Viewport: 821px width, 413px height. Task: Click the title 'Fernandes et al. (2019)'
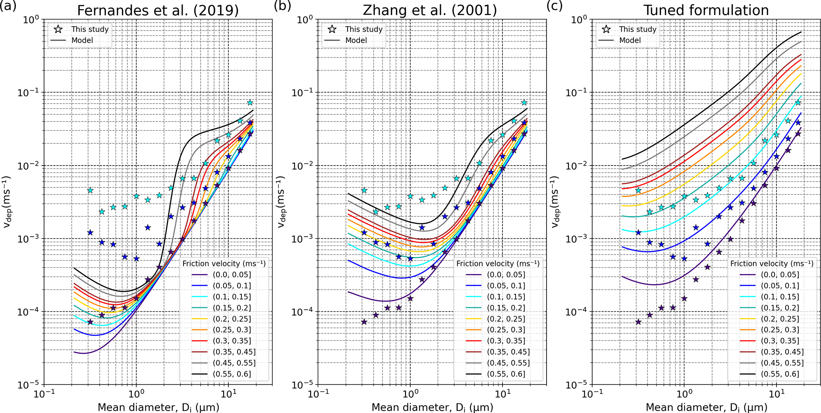click(x=158, y=10)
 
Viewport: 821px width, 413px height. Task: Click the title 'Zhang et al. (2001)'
click(x=430, y=10)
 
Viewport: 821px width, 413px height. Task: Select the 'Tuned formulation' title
click(x=706, y=10)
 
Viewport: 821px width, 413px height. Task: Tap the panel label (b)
click(x=282, y=6)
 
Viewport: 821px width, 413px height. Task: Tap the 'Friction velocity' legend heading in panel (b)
click(x=498, y=264)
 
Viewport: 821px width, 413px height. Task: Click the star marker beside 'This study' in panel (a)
click(x=58, y=29)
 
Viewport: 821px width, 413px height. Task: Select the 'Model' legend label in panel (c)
click(x=630, y=41)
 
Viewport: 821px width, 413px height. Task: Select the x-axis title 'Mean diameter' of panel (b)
click(x=432, y=407)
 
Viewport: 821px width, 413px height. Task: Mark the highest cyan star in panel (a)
click(x=250, y=103)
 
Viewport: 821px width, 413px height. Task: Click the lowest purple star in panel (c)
click(x=638, y=322)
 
